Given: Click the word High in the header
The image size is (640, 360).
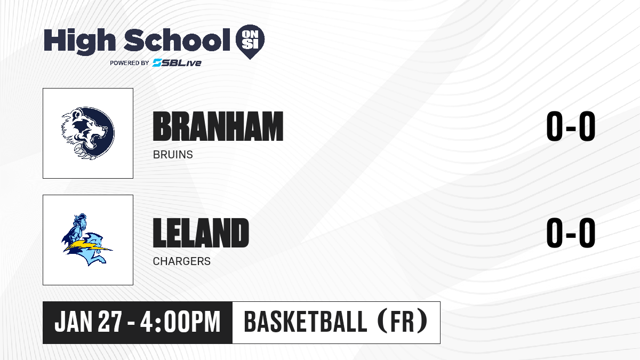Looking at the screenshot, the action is click(x=79, y=42).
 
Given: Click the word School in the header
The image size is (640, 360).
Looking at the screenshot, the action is click(x=177, y=39).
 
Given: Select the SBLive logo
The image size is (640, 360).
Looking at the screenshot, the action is click(x=177, y=62).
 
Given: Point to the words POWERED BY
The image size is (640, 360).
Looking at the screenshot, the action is click(x=130, y=63).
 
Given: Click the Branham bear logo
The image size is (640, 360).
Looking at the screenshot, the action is click(x=88, y=133).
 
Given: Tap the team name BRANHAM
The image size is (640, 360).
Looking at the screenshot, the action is click(x=218, y=126).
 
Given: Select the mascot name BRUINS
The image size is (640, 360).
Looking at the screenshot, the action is click(x=173, y=155).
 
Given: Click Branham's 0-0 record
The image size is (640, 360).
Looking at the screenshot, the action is click(x=571, y=126).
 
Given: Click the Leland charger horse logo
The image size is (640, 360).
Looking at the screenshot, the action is click(x=87, y=239).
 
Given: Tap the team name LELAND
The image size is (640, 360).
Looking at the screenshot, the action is click(x=201, y=233).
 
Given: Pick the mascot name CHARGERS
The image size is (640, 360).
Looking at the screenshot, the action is click(x=182, y=261).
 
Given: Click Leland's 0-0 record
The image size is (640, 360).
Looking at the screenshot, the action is click(x=571, y=233).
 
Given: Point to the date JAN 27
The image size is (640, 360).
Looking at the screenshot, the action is click(x=89, y=322).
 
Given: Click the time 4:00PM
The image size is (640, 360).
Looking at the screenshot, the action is click(x=180, y=322).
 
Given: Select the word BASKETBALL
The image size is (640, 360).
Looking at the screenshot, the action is click(x=306, y=322).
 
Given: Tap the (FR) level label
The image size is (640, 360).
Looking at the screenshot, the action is click(x=402, y=321).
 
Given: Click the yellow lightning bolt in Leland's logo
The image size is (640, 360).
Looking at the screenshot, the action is click(x=87, y=246).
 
